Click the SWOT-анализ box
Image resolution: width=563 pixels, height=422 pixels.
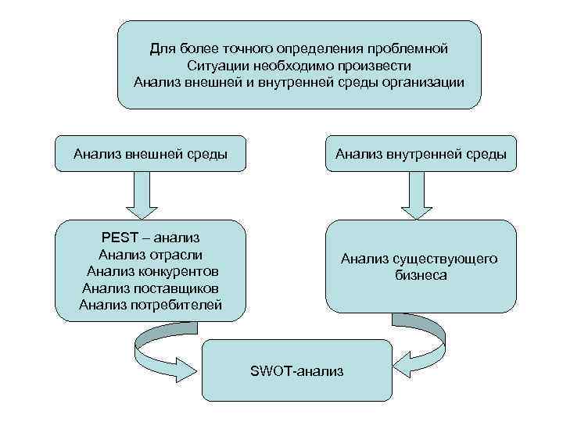[296, 370]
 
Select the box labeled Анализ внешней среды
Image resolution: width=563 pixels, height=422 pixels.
[150, 154]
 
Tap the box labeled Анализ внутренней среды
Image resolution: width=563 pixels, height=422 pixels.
[421, 154]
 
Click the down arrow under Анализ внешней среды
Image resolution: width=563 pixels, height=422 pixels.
[142, 195]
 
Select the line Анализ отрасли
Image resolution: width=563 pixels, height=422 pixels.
[151, 254]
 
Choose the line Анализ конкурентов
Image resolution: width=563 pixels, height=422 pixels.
[151, 271]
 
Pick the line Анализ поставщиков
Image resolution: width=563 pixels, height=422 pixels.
[151, 288]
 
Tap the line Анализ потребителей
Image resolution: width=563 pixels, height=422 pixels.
[151, 305]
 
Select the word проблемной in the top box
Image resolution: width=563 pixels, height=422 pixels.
[412, 48]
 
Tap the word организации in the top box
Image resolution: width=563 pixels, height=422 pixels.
[420, 82]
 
